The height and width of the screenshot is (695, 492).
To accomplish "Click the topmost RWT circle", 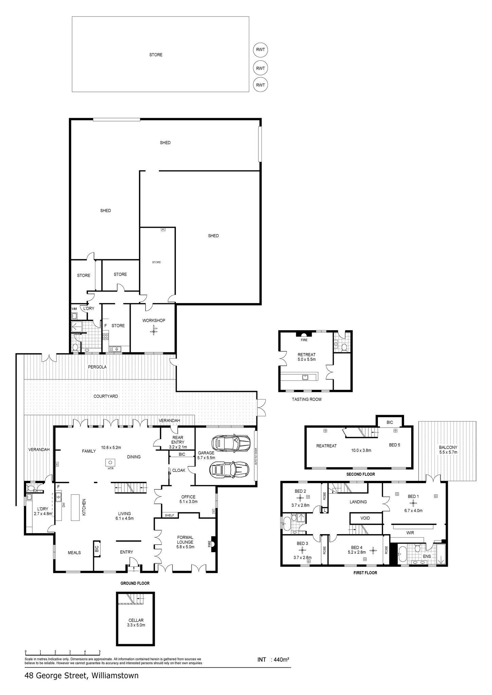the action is point(260,50).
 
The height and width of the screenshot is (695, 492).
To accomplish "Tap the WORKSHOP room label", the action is point(154,320).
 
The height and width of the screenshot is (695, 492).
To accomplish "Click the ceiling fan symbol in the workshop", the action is point(154,330).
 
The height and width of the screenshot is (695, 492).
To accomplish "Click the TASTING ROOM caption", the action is point(307,399).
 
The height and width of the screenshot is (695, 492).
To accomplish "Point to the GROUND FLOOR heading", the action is point(135,583).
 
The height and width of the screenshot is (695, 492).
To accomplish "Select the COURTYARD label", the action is point(106,396).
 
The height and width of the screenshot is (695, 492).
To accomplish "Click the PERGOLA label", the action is point(97,367).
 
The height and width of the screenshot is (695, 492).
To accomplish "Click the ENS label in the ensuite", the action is point(427,557).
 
